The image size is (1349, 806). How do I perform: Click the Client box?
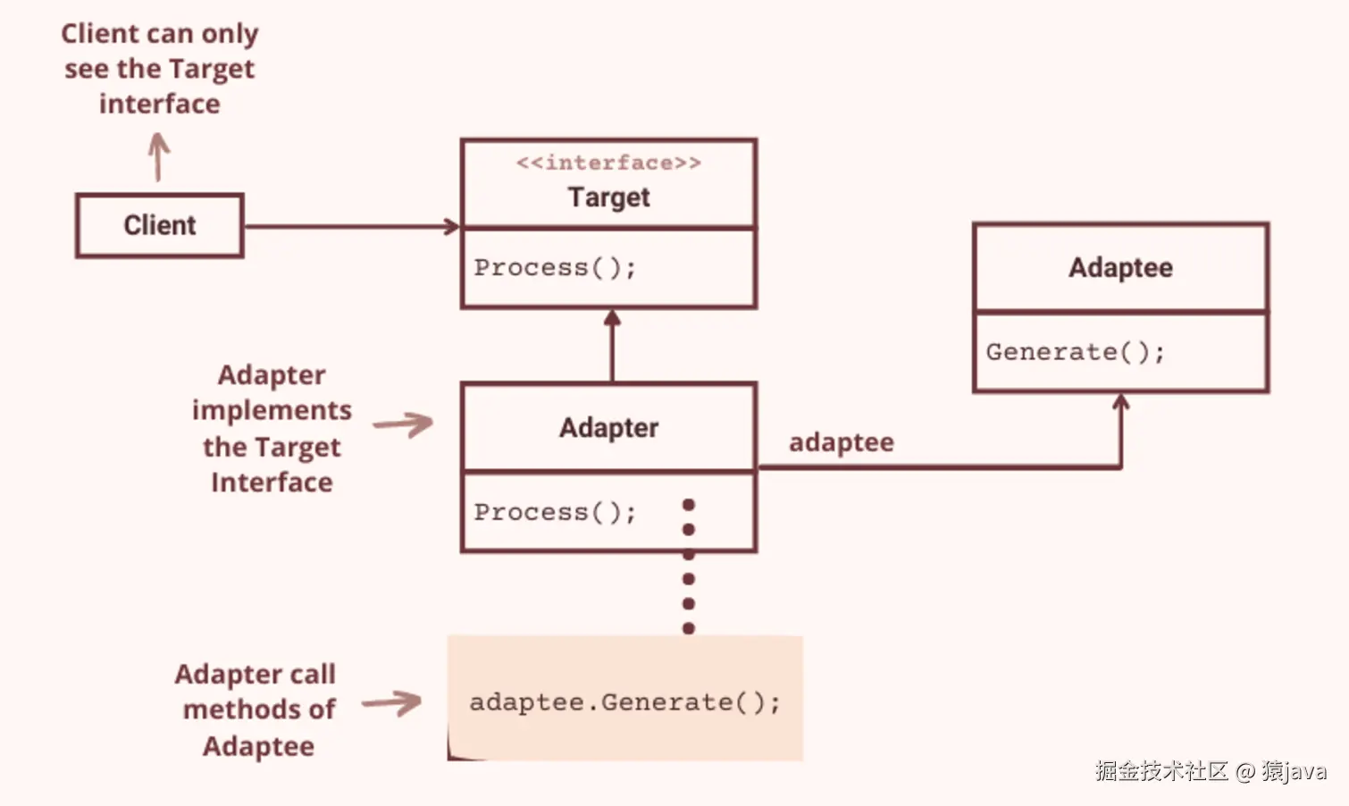click(160, 225)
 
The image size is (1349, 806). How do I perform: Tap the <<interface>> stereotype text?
click(608, 163)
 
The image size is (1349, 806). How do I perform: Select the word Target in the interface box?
click(608, 197)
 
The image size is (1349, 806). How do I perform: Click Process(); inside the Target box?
click(555, 267)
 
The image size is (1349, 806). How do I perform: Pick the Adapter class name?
click(608, 427)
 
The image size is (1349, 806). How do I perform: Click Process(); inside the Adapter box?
click(555, 512)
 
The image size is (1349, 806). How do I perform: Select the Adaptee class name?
click(1120, 267)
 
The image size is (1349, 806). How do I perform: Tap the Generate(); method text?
click(1076, 352)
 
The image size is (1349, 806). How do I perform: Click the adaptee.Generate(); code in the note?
click(624, 702)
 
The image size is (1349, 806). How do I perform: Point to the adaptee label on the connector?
click(841, 442)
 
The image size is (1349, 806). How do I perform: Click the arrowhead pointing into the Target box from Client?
click(452, 227)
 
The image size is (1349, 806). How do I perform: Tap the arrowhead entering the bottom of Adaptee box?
click(1120, 403)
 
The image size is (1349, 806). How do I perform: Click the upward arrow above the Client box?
click(158, 157)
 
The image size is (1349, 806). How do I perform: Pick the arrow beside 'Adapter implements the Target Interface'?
click(404, 424)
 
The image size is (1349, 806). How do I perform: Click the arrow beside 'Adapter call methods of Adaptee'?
click(392, 703)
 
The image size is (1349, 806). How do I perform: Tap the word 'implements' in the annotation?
click(272, 410)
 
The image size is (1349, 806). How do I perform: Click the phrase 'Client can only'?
click(160, 34)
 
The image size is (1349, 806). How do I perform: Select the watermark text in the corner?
click(1211, 770)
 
